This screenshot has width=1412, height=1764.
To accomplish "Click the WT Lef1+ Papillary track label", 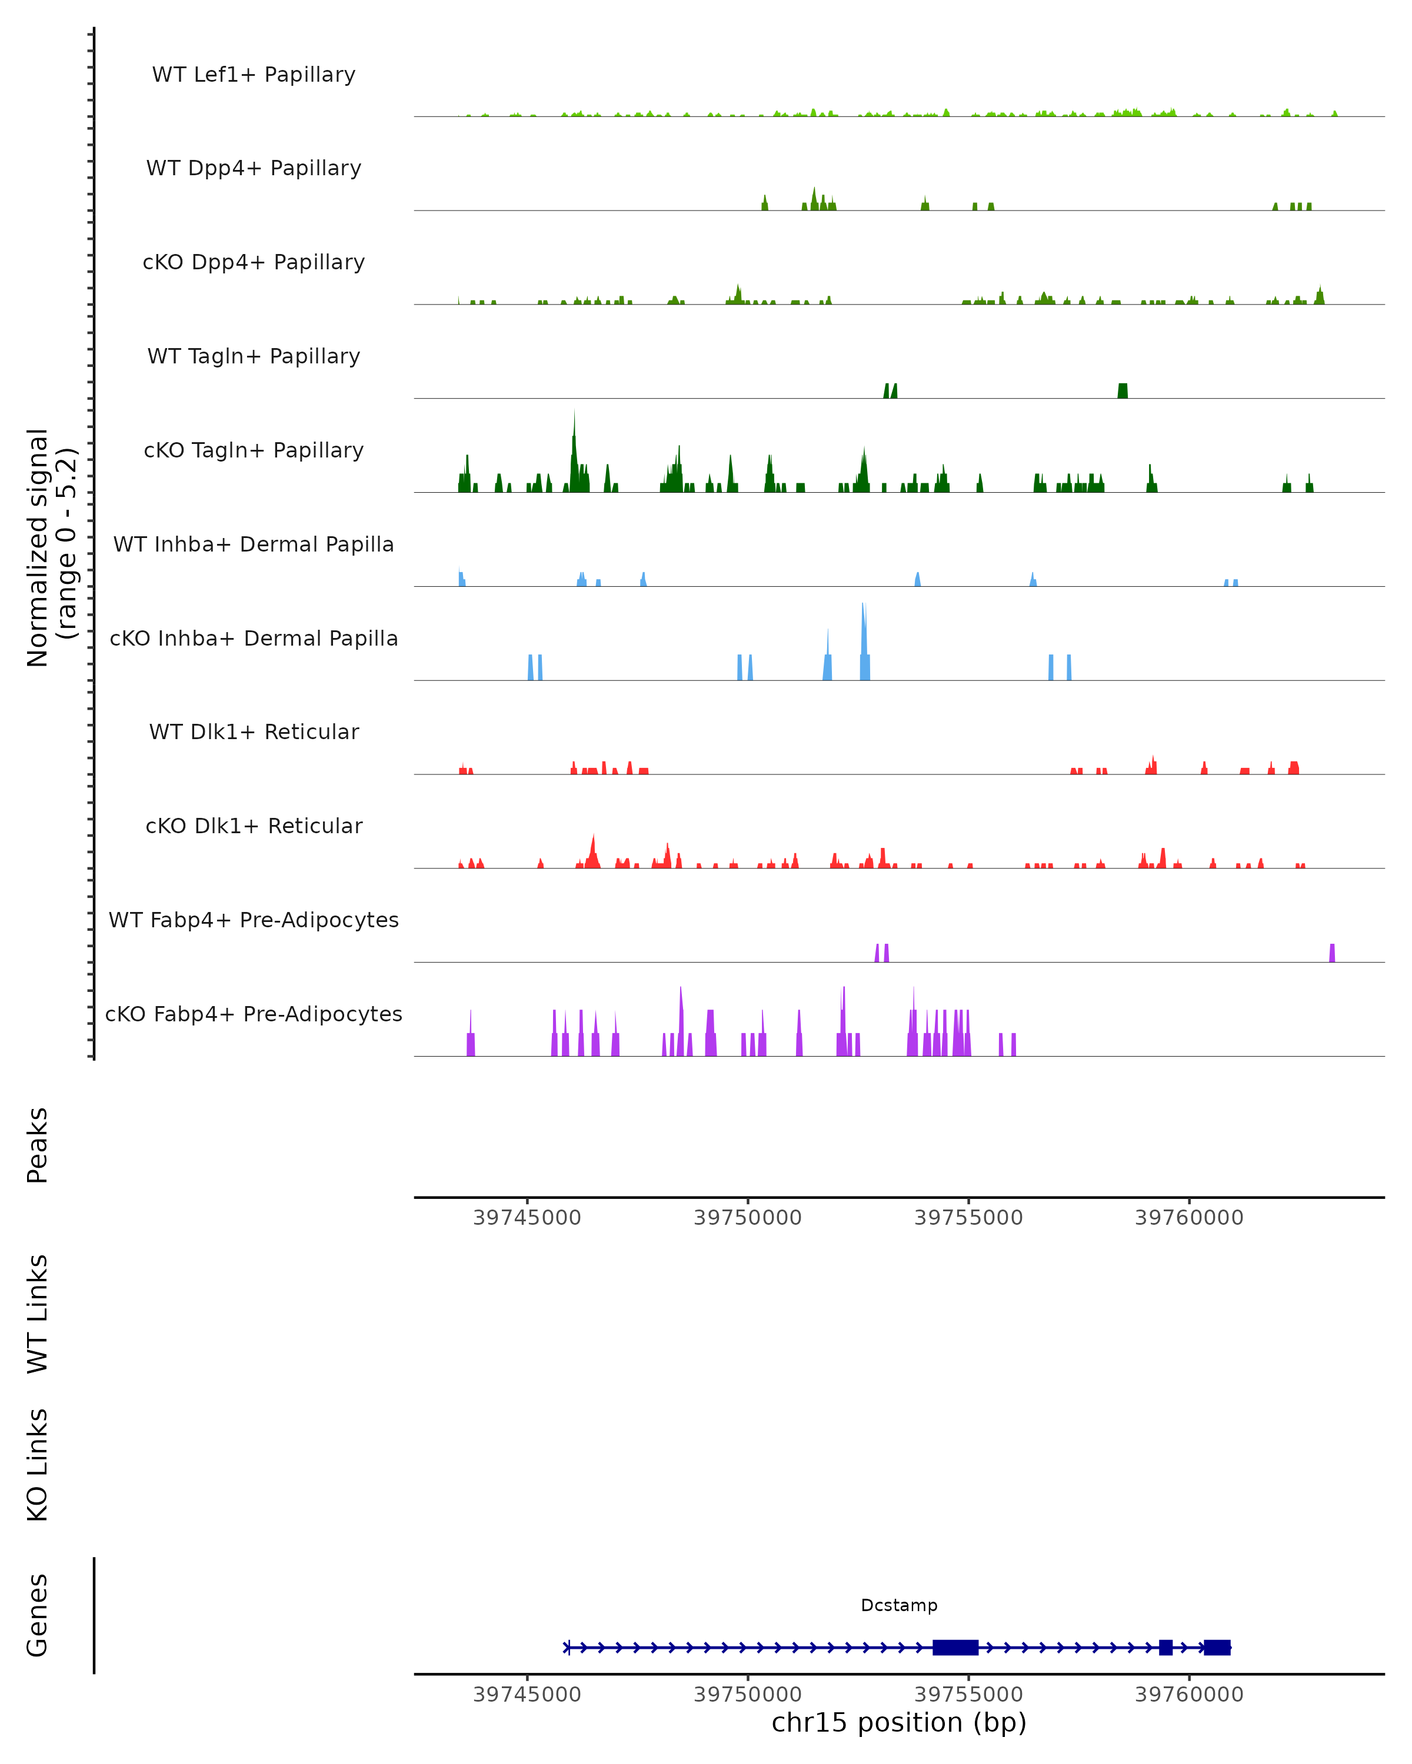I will tap(254, 75).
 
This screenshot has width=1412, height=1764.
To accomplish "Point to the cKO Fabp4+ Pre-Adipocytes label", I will tap(254, 1014).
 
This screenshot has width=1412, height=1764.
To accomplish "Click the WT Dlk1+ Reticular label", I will tap(254, 731).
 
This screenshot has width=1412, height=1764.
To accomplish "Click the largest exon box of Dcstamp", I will tap(955, 1647).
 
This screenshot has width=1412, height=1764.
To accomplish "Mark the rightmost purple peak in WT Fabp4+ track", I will tap(1332, 953).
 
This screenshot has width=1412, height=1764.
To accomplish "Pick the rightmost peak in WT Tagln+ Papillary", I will tap(1122, 390).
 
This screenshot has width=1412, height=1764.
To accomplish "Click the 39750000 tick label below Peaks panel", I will tap(747, 1218).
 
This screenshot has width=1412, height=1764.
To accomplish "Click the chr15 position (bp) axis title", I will tap(899, 1723).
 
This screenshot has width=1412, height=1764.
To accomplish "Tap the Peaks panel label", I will tap(38, 1145).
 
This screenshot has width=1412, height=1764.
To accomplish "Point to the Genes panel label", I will tap(38, 1615).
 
